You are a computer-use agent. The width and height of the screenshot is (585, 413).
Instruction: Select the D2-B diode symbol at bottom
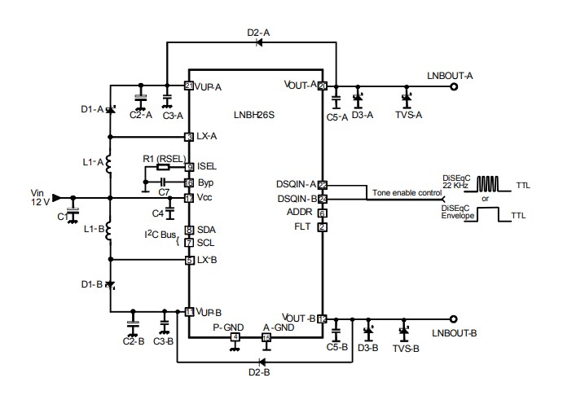tap(262, 360)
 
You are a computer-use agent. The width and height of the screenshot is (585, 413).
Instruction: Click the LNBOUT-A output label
tap(450, 75)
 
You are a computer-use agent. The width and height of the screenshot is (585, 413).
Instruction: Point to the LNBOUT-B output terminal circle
tap(454, 319)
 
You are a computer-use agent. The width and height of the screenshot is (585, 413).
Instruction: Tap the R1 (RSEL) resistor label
tap(165, 157)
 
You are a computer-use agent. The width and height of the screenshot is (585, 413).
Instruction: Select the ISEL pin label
tap(208, 167)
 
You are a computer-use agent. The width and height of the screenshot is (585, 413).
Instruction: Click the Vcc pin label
tap(205, 198)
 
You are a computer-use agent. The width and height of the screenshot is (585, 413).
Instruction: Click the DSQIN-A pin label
tap(296, 185)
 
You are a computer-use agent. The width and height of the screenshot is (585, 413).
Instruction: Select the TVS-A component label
tap(408, 115)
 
